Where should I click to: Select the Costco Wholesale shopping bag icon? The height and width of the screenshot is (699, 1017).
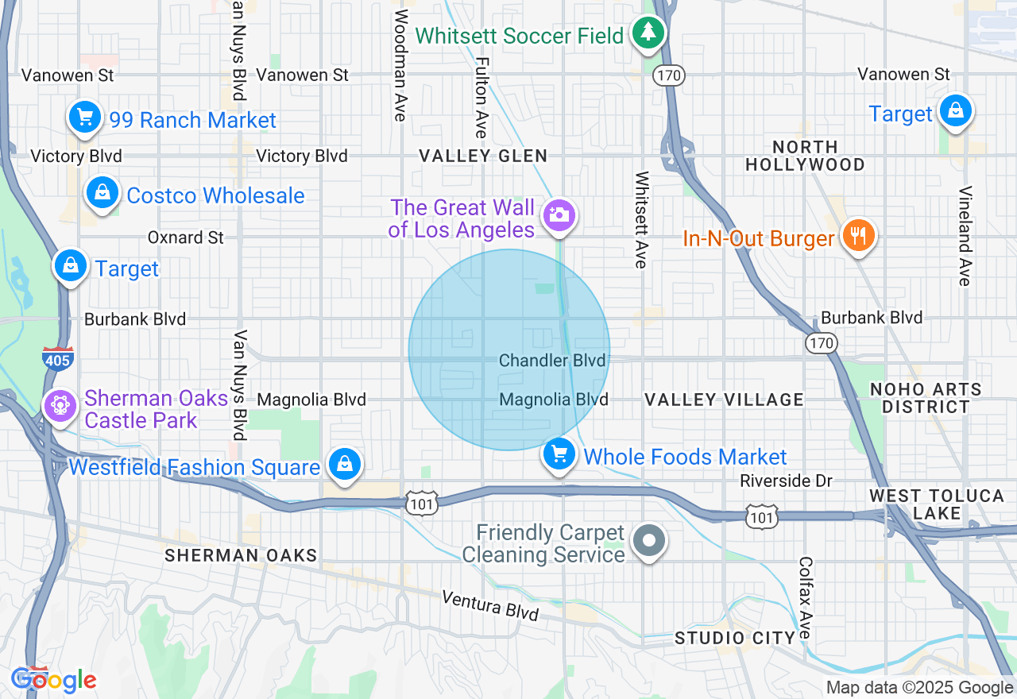click(x=102, y=193)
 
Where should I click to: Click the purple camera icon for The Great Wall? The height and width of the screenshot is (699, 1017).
click(x=559, y=214)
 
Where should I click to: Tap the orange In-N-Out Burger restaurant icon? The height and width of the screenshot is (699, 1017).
click(x=858, y=236)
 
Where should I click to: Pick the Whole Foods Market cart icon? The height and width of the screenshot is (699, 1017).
click(x=559, y=455)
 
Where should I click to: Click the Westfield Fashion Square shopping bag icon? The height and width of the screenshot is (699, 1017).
click(x=344, y=464)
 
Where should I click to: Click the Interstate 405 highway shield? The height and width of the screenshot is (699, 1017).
click(x=58, y=358)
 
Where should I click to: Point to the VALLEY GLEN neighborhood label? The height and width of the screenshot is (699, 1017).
click(x=483, y=156)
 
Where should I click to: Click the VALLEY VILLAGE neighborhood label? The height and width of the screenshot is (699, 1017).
click(x=724, y=400)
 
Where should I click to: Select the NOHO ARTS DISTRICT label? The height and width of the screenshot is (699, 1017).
click(x=925, y=398)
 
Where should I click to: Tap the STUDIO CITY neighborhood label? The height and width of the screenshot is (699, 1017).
click(x=735, y=638)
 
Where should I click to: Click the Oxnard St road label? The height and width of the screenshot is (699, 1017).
click(x=186, y=238)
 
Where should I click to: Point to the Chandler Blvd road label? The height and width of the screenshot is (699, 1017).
click(x=552, y=361)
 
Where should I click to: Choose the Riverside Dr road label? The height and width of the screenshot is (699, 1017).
click(x=786, y=481)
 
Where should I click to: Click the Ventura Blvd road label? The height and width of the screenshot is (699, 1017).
click(x=490, y=605)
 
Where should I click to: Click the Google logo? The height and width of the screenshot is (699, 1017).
click(x=54, y=681)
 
